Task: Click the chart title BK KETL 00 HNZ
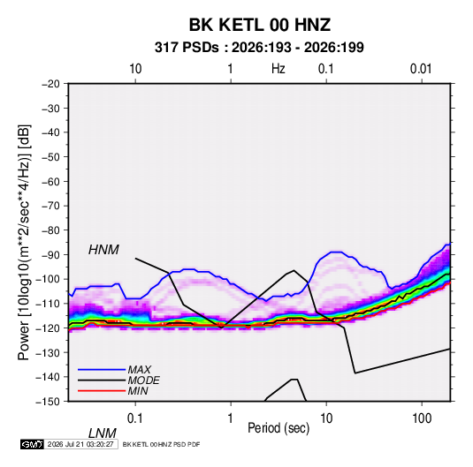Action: click(260, 25)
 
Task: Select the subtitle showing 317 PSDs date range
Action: click(259, 48)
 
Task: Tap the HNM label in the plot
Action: click(103, 250)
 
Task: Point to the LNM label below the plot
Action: click(102, 433)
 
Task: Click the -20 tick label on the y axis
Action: click(50, 84)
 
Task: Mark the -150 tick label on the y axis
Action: click(48, 402)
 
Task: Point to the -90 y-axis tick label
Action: click(50, 254)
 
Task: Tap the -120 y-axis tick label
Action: click(48, 328)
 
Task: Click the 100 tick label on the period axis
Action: click(422, 418)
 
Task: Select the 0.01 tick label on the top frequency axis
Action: click(421, 69)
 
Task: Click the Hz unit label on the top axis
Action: click(278, 69)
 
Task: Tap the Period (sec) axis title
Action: click(278, 428)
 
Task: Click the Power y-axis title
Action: click(24, 242)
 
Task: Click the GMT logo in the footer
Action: click(32, 444)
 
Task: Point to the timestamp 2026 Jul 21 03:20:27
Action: click(80, 444)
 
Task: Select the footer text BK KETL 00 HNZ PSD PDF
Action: click(161, 444)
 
